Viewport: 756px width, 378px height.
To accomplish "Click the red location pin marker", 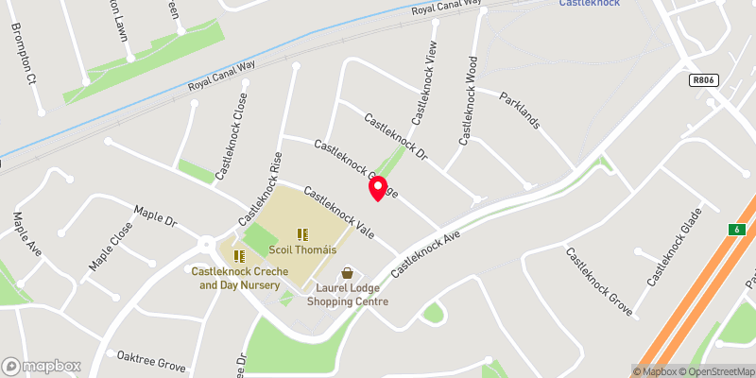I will pos(377,188).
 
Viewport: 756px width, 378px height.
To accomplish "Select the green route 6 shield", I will pos(735,230).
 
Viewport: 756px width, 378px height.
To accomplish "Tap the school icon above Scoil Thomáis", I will pos(301,234).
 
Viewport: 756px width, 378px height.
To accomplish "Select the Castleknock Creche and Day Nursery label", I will pos(236,278).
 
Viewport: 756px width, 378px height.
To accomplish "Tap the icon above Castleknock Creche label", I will pos(237,254).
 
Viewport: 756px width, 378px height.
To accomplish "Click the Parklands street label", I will pos(520,110).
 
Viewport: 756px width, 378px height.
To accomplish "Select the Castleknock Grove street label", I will pos(597,282).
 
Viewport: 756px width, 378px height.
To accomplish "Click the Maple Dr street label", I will pos(156,215).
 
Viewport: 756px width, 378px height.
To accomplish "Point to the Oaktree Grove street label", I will pos(151,360).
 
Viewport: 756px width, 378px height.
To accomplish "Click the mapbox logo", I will pos(41,366).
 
